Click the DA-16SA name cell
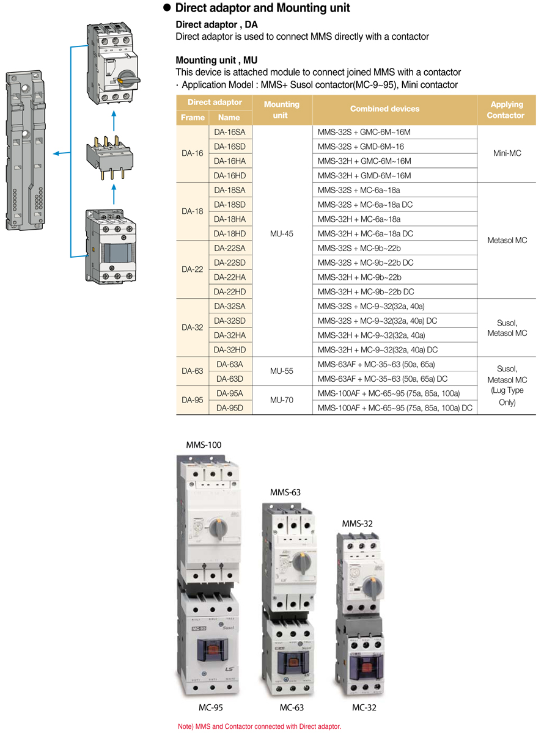click(230, 132)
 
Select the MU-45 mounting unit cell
click(282, 234)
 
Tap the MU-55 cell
click(282, 371)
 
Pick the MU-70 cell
click(282, 400)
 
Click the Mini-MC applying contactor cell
click(507, 153)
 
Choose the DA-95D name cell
click(230, 408)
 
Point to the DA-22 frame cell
click(193, 269)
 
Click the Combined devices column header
click(384, 109)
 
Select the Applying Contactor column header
click(506, 110)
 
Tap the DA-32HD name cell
click(230, 349)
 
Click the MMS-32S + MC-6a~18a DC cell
click(365, 205)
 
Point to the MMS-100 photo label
click(204, 445)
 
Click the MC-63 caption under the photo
click(292, 707)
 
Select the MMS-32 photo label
click(357, 523)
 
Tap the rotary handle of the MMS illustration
click(128, 79)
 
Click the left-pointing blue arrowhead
click(56, 153)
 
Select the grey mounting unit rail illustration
click(26, 150)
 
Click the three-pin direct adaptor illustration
click(110, 158)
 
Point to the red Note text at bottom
click(260, 726)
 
